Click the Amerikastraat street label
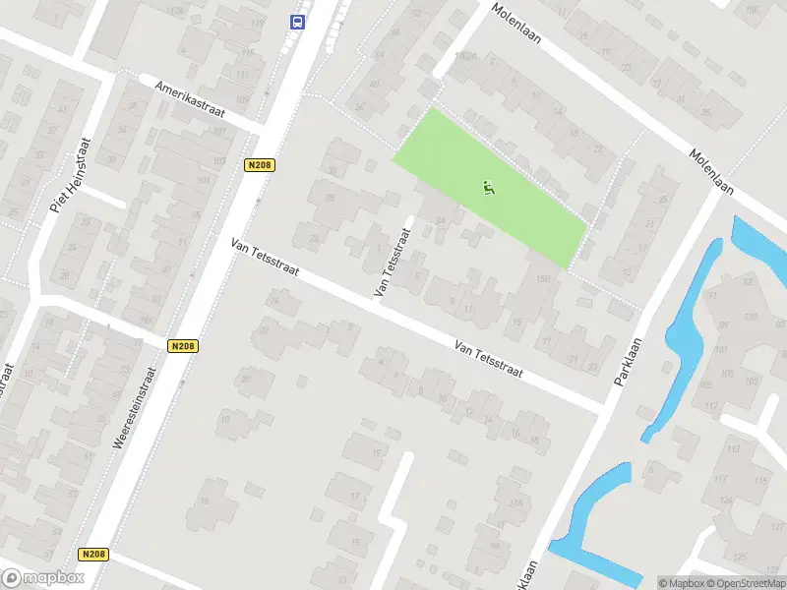point(190,100)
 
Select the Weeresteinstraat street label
point(135,408)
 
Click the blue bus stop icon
point(296,22)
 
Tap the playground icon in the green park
point(488,186)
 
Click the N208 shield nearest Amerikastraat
point(259,165)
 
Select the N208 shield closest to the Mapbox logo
point(93,555)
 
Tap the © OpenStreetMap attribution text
point(745,583)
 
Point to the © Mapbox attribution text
point(681,583)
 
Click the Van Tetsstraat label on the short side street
point(391,263)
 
